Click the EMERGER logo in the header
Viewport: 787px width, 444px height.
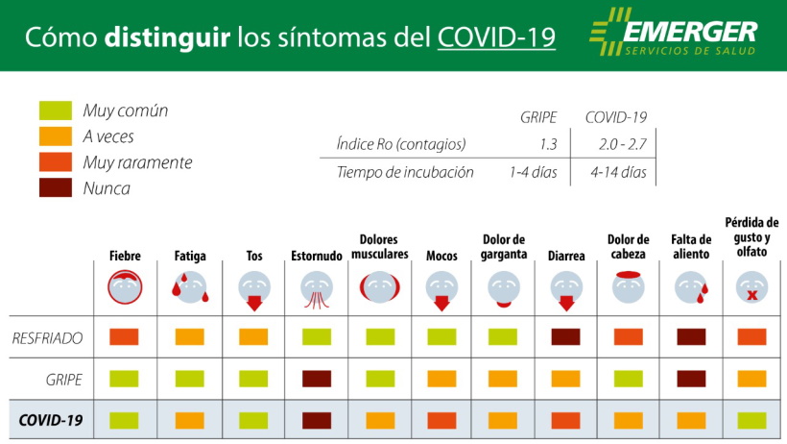pos(673,35)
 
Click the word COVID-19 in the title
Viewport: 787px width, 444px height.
pos(496,37)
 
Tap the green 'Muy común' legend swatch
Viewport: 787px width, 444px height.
pos(56,111)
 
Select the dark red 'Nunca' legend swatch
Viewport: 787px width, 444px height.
pos(56,188)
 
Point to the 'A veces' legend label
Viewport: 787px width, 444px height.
pos(108,136)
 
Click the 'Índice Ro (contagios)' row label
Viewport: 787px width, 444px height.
pos(400,144)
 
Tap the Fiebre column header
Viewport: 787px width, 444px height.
pos(124,256)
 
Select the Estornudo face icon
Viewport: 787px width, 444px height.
pos(316,286)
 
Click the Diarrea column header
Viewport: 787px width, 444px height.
pos(566,256)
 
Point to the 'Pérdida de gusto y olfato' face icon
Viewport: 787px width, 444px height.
pos(751,286)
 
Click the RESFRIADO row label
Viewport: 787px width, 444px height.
pos(48,338)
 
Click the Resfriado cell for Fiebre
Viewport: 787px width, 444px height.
pos(124,337)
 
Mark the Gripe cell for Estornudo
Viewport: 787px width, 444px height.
pos(316,379)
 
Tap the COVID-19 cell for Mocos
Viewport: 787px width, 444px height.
pos(441,420)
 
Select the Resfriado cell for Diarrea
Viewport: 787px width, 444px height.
pos(566,337)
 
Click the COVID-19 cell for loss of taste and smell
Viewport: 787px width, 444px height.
pos(751,420)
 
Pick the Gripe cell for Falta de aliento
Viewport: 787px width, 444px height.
pos(690,379)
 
